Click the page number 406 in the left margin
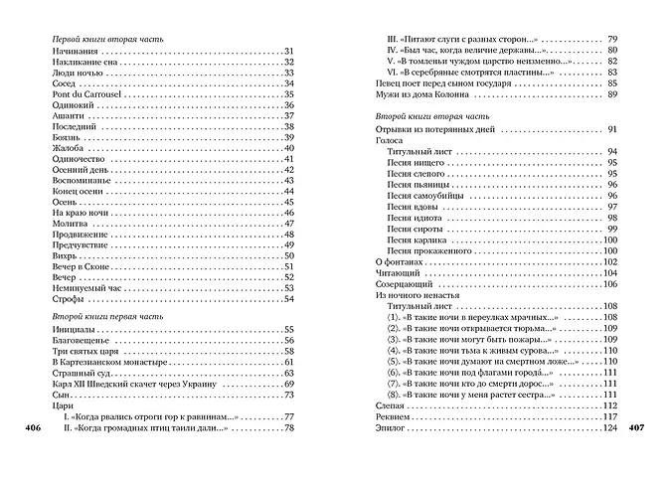point(29,429)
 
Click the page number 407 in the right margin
point(641,429)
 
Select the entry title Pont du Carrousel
point(85,95)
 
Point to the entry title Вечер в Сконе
point(80,266)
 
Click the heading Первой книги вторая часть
point(109,37)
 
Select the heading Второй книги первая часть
point(108,315)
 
